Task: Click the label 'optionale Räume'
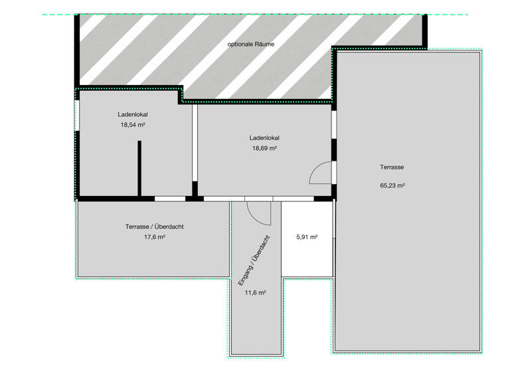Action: point(251,44)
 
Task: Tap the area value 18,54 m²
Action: point(132,124)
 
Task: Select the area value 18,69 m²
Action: point(264,148)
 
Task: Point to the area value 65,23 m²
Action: point(392,186)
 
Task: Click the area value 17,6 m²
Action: point(154,237)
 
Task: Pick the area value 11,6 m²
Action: point(256,292)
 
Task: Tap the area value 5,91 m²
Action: point(306,237)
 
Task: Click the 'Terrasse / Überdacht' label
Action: point(154,227)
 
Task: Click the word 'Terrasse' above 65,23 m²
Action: point(392,167)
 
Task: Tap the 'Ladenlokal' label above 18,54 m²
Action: point(133,114)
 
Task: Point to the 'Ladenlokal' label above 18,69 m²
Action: point(264,138)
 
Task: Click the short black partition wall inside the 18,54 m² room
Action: point(139,169)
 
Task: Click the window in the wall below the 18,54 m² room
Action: point(169,198)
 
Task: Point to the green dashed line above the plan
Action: point(266,14)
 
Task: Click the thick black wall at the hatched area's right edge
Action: point(424,29)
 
